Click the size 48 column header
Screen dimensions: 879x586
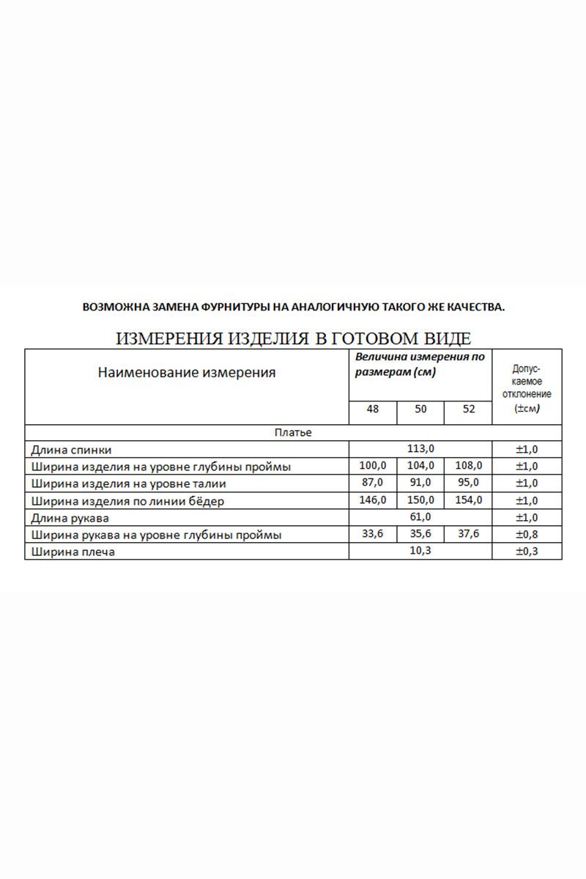pos(373,409)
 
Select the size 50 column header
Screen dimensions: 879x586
pos(420,409)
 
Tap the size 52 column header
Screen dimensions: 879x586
pos(468,409)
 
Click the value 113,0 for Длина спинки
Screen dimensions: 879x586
pos(420,448)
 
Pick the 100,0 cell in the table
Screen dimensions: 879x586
pos(373,465)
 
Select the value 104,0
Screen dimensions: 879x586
pos(420,465)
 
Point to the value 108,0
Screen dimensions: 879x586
pos(468,465)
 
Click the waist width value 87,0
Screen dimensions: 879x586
pos(373,482)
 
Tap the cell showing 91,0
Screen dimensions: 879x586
pos(420,482)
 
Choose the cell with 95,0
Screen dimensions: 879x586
pos(468,482)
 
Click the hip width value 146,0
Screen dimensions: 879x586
pos(373,500)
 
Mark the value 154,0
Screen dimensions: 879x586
pos(468,500)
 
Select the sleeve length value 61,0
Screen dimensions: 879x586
pos(420,516)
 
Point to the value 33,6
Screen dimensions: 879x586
pos(373,534)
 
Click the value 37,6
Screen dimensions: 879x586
pos(468,534)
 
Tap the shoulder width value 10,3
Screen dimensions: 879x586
pos(420,550)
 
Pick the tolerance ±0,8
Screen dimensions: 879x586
pos(527,535)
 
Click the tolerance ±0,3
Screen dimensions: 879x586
pos(527,552)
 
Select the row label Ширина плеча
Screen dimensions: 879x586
pos(73,552)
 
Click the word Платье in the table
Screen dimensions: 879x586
pos(293,433)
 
